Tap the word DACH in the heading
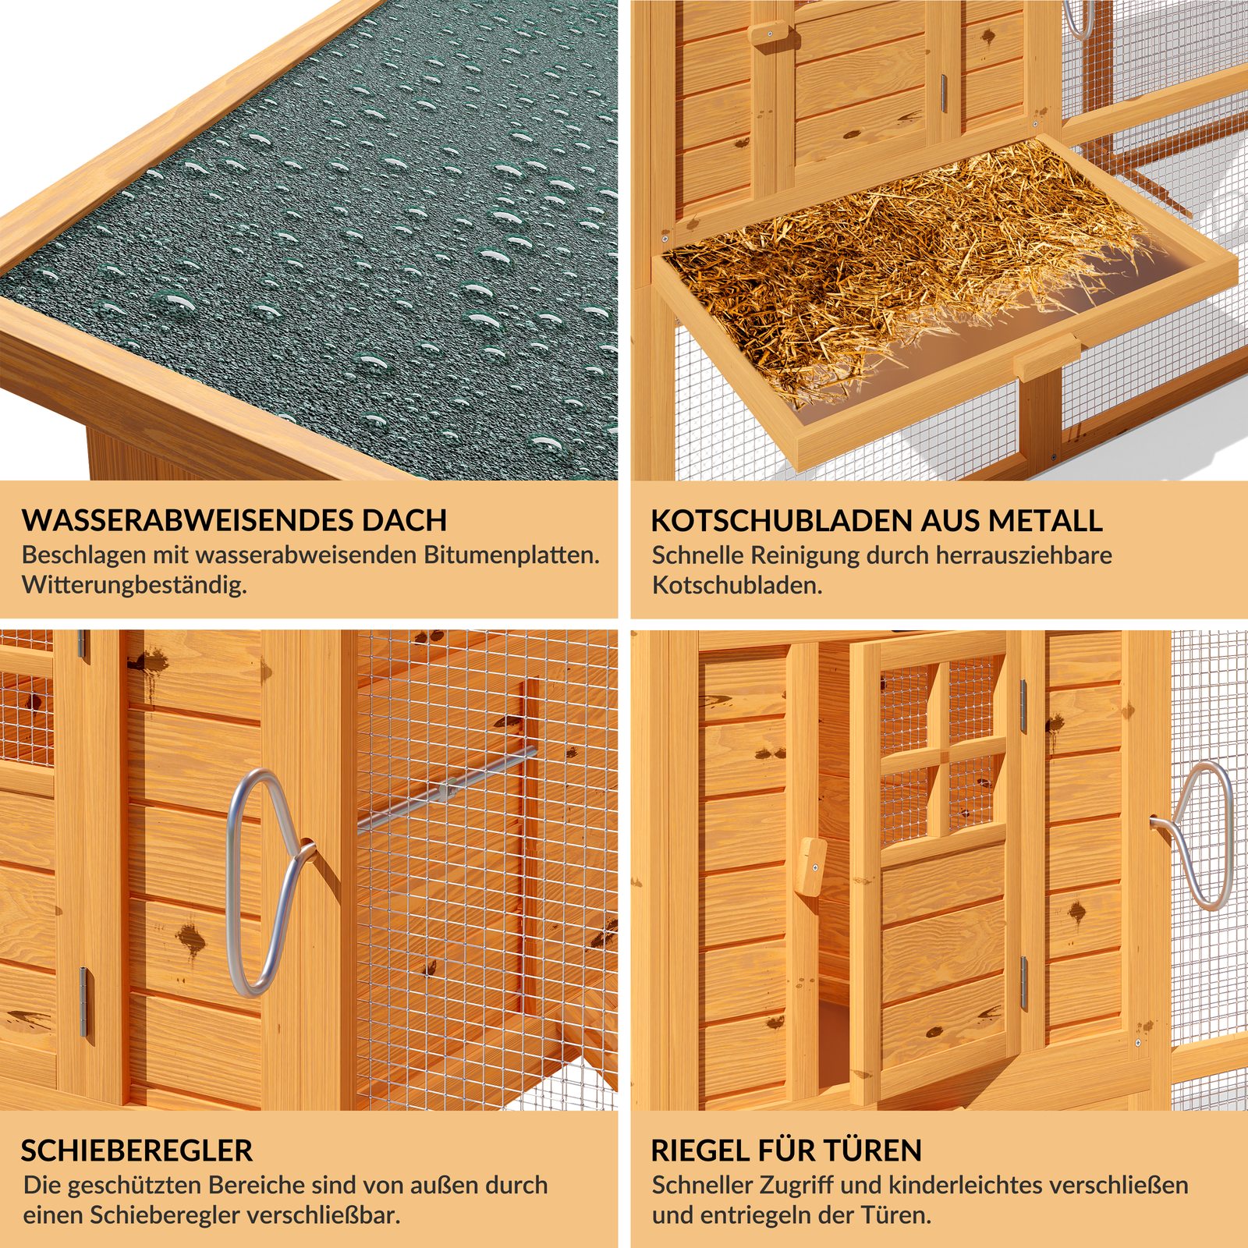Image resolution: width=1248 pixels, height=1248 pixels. tap(408, 520)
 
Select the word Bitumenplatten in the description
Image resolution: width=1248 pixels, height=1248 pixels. tap(511, 555)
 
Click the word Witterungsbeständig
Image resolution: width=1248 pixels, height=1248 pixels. tap(134, 585)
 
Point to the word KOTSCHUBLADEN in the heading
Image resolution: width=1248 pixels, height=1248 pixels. tap(781, 520)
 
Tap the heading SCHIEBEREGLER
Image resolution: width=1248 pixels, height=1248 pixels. tap(136, 1150)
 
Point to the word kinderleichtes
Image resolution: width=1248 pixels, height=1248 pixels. tap(964, 1186)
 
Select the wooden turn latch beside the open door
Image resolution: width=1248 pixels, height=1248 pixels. tap(813, 867)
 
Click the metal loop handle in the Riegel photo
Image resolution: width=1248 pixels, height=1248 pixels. tap(1206, 835)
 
